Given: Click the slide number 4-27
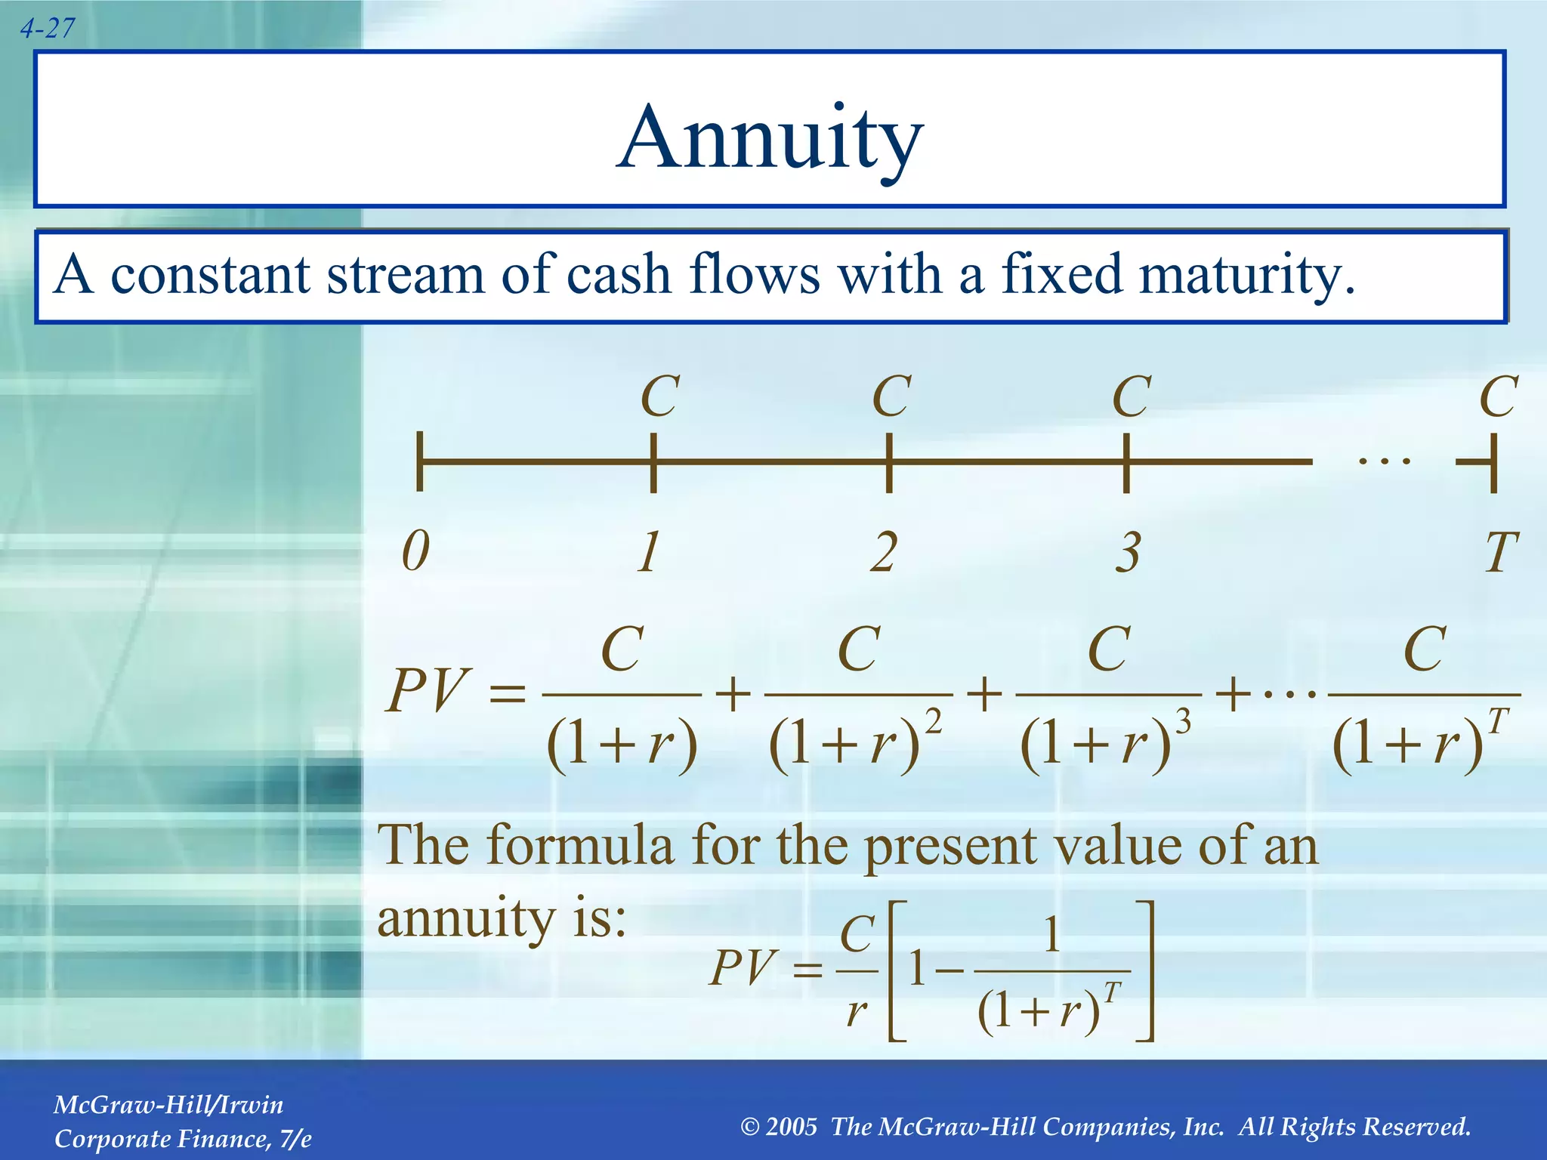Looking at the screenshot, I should click(48, 29).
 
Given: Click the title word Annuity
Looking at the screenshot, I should click(770, 138).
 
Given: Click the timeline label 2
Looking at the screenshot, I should click(884, 552).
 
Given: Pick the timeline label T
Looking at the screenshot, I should click(1499, 552).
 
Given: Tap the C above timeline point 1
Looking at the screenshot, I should click(659, 396).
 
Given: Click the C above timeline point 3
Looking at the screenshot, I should click(1132, 396).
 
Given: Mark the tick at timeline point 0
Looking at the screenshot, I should click(420, 461).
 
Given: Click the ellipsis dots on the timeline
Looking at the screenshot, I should click(1384, 460).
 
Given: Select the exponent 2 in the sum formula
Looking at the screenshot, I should click(934, 723).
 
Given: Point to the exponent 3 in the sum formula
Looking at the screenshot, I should click(1184, 723).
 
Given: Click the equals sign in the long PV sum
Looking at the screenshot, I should click(507, 693).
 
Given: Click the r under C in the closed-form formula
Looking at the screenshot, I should click(857, 1010).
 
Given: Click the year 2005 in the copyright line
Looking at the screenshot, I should click(791, 1127).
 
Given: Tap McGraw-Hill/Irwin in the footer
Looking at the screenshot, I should click(168, 1105).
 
